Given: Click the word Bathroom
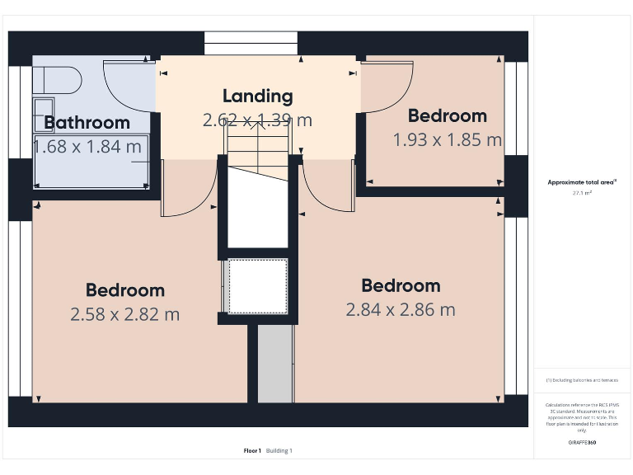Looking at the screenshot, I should pos(87,123).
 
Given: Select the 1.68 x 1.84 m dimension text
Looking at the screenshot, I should pos(87,147).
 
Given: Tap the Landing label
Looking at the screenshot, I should pos(258,96).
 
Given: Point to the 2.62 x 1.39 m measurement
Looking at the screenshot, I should pos(258,120).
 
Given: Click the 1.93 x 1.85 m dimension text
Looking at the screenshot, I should pos(447,140).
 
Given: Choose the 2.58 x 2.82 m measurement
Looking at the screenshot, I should pos(124,314).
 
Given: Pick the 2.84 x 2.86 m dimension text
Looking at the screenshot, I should pos(401,310).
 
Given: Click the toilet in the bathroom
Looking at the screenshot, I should pos(58,81).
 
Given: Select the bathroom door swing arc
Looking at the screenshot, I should pos(128,87).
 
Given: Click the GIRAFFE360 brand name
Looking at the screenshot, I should pos(582,443).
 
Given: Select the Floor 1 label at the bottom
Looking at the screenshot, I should pos(252,451).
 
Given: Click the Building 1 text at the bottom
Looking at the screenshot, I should pos(279,451).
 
